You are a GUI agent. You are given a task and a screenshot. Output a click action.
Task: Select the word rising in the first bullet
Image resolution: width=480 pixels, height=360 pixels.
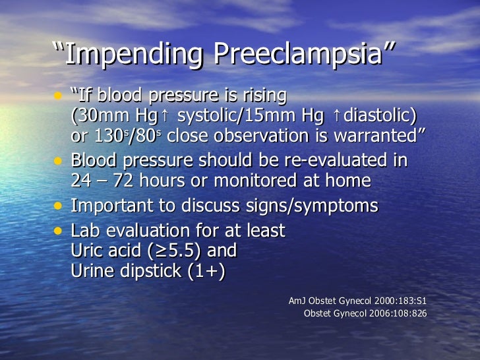point(264,96)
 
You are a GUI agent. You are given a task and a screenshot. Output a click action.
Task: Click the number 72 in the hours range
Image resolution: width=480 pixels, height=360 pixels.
point(127,181)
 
